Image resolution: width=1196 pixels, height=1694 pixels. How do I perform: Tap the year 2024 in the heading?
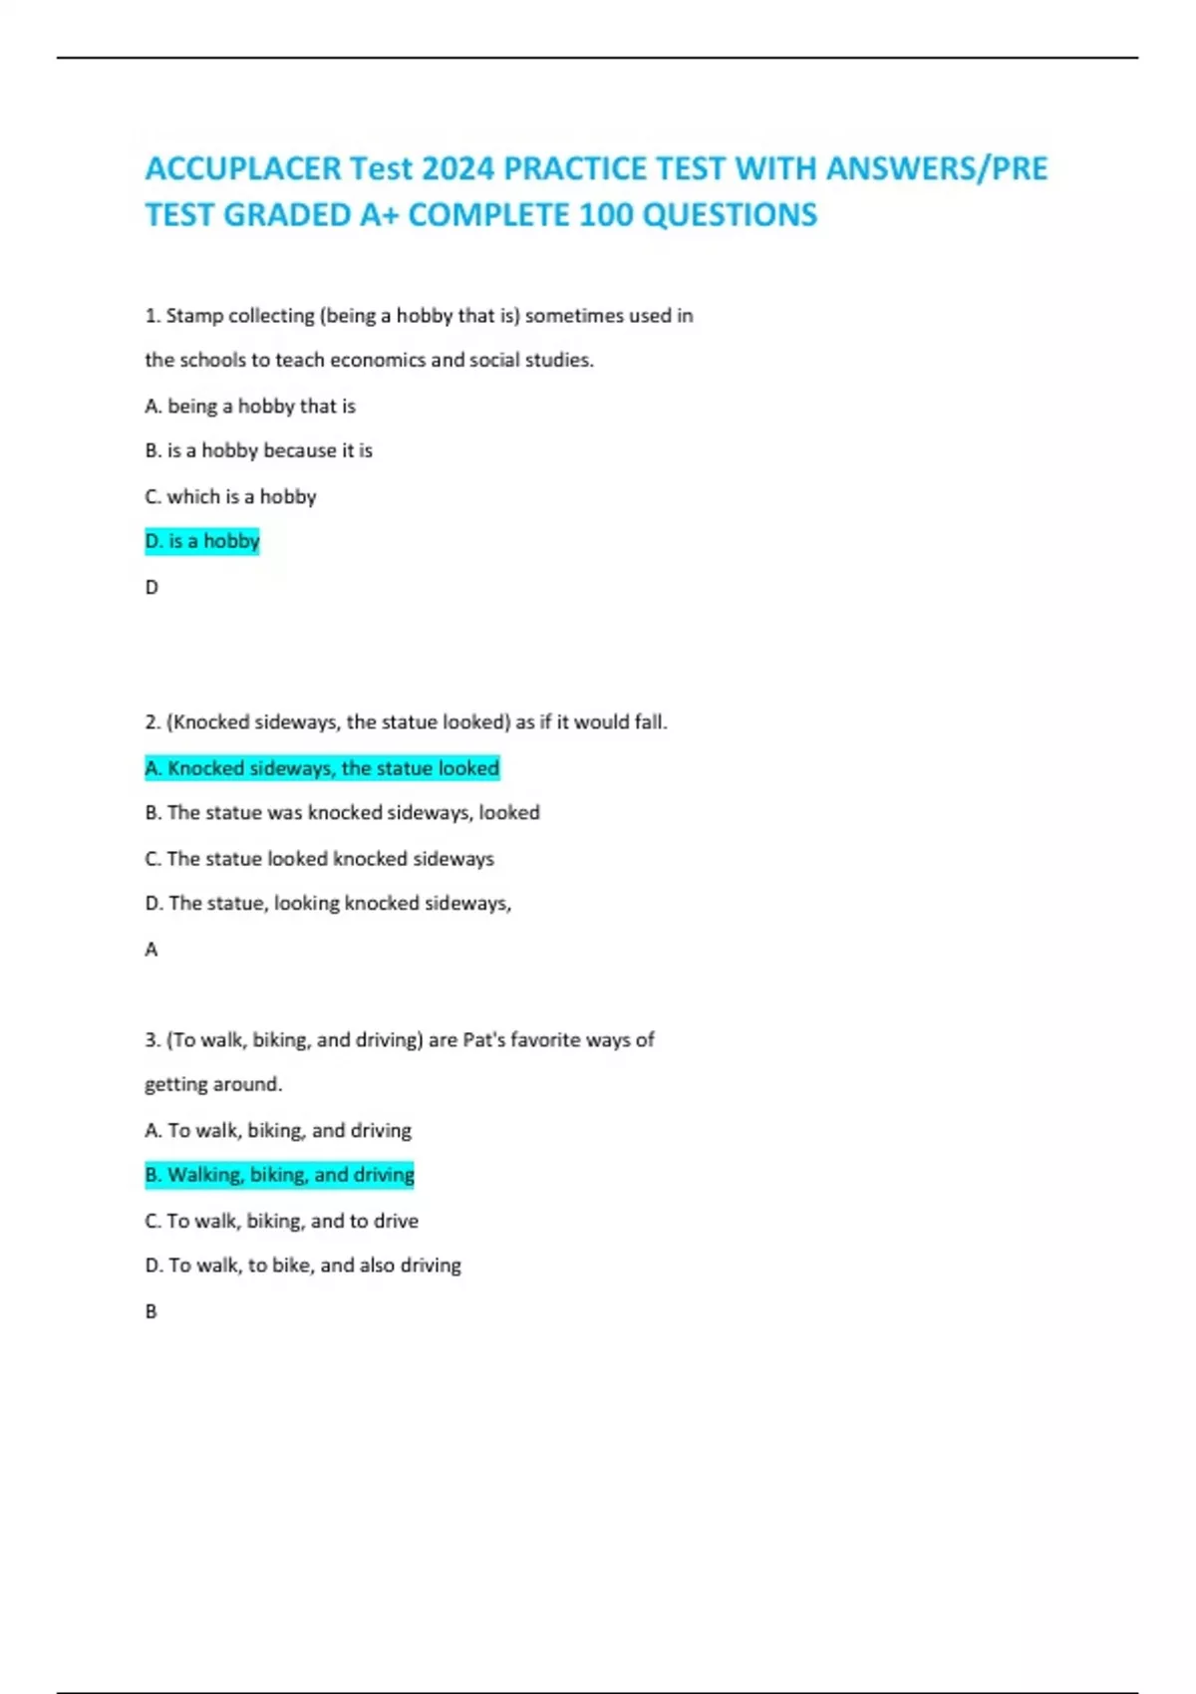457,168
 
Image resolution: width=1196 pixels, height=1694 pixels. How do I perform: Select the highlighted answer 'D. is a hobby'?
202,541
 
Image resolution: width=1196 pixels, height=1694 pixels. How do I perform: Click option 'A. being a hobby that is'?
250,406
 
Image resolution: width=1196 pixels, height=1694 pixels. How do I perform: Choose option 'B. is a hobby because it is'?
258,450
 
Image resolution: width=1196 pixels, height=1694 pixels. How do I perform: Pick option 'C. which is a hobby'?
230,496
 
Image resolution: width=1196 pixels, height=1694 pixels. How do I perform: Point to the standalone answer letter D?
151,587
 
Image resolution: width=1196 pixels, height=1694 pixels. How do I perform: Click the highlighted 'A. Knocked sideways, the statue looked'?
322,768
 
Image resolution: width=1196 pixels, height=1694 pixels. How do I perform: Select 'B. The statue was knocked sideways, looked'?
342,812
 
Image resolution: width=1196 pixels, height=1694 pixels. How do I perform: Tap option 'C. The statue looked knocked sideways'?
319,858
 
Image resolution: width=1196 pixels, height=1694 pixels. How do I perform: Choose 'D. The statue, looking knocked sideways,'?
328,903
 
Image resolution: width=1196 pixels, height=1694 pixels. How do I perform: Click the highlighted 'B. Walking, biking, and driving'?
279,1175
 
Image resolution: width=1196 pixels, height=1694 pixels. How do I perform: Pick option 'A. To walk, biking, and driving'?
278,1130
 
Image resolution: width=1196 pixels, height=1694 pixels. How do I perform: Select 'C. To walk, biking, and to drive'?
281,1221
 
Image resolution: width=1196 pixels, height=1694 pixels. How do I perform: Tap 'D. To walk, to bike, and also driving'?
303,1266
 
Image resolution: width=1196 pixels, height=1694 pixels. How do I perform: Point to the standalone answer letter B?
151,1311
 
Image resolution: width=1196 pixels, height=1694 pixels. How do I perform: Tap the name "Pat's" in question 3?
485,1039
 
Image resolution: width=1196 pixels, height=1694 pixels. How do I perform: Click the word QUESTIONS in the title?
730,214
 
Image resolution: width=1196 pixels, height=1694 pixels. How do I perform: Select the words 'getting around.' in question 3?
213,1084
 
